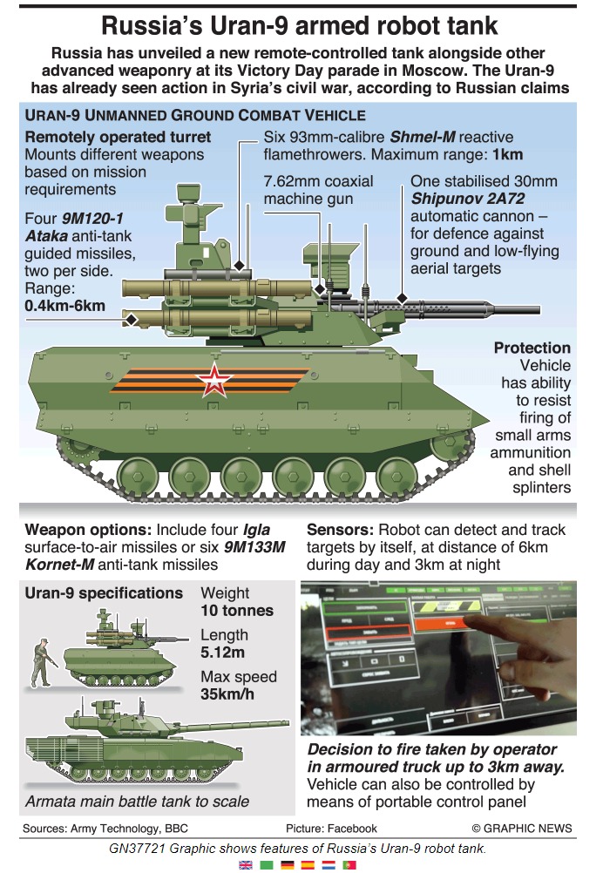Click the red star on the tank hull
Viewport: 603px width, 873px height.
click(213, 380)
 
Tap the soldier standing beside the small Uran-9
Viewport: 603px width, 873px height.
click(41, 663)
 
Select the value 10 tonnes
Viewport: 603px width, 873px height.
click(237, 610)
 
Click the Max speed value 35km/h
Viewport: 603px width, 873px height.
click(227, 694)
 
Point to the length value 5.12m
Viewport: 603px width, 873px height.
click(222, 652)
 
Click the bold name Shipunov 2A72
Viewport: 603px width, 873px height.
click(468, 199)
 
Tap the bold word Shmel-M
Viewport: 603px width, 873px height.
click(423, 137)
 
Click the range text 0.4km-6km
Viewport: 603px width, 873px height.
click(64, 306)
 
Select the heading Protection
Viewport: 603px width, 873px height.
click(532, 348)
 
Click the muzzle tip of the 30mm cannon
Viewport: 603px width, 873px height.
click(539, 309)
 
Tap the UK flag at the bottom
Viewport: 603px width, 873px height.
click(246, 865)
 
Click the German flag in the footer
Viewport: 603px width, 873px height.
click(288, 865)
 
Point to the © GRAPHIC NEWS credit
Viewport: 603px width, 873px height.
click(522, 829)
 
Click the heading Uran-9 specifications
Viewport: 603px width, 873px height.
click(104, 593)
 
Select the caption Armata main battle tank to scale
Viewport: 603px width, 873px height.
click(137, 802)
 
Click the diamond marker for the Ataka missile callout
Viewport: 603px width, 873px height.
click(131, 320)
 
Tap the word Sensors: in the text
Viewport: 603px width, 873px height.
click(340, 530)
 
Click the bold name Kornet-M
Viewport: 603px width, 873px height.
click(59, 565)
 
